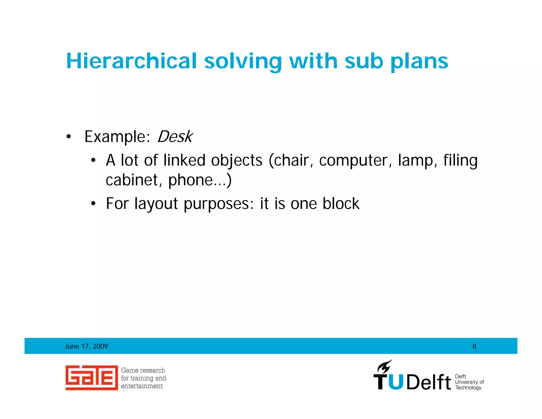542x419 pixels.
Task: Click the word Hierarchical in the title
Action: coord(131,61)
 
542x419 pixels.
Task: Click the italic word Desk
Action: coord(175,137)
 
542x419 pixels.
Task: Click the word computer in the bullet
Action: coord(353,161)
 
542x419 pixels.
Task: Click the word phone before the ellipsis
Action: coord(190,181)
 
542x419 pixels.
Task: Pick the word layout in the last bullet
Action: coord(156,204)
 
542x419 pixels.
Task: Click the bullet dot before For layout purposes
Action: coord(93,204)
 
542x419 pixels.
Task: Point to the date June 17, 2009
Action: coord(86,346)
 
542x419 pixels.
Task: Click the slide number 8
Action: coord(474,346)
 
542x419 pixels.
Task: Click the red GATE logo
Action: coord(92,378)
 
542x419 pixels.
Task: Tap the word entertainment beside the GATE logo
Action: coord(142,386)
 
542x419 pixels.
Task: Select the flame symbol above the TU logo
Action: coord(384,367)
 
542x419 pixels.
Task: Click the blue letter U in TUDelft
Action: coord(396,382)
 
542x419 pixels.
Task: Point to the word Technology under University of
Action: coord(468,387)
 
